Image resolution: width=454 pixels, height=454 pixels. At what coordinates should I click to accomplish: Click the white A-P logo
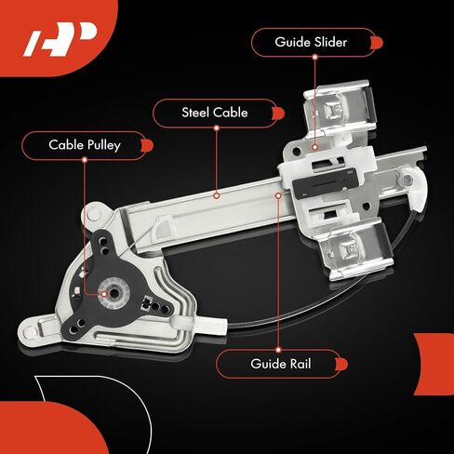click(x=60, y=39)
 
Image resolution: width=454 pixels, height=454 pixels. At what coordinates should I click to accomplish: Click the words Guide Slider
click(x=311, y=42)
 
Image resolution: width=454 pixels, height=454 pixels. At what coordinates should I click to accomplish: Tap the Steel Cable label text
click(x=215, y=113)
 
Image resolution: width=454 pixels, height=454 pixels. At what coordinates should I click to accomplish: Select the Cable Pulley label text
click(x=85, y=145)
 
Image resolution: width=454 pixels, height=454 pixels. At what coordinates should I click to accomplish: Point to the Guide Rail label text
click(x=281, y=364)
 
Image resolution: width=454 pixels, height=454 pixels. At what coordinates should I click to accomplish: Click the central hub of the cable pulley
click(x=112, y=293)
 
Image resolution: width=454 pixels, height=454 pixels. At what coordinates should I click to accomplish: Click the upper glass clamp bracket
click(x=340, y=109)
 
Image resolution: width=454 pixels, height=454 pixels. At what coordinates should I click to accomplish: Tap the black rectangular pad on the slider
click(x=325, y=184)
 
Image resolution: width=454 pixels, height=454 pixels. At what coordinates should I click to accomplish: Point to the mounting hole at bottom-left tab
click(x=30, y=332)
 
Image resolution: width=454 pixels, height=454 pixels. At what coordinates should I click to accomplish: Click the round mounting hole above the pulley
click(x=94, y=213)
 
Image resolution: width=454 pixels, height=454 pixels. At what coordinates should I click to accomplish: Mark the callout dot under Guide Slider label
click(x=314, y=147)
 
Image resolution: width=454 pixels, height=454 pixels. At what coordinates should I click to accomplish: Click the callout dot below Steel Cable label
click(x=217, y=195)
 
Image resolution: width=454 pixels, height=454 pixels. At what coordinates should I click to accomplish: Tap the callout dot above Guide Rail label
click(x=278, y=350)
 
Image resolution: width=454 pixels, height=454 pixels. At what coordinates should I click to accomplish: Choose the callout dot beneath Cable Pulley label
click(x=85, y=160)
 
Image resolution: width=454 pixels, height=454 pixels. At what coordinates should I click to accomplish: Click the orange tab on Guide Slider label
click(x=377, y=43)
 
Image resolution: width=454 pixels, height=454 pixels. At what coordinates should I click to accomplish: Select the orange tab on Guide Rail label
click(x=341, y=364)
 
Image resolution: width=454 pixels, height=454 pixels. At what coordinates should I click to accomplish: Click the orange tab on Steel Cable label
click(x=278, y=113)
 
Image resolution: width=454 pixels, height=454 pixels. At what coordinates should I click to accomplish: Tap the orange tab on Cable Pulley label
click(x=147, y=145)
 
